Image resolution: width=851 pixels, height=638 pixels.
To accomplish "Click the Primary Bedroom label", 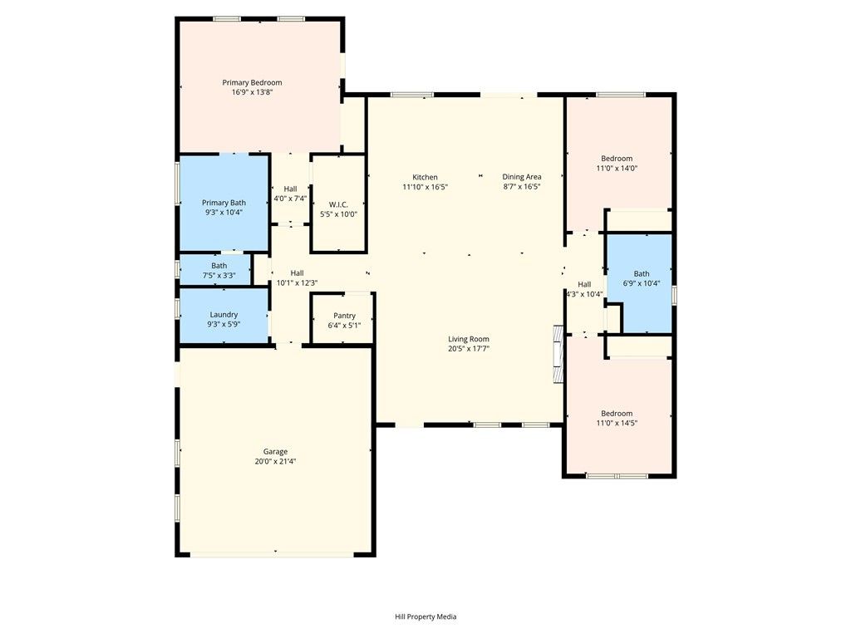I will [252, 82].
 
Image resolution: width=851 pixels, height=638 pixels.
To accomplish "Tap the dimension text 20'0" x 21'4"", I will [275, 461].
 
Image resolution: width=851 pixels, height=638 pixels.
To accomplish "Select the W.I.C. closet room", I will [337, 204].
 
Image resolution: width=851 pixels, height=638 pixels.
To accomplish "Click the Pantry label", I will [344, 316].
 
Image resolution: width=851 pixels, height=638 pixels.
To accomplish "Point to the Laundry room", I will [224, 315].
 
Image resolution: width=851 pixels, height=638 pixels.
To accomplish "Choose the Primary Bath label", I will [224, 203].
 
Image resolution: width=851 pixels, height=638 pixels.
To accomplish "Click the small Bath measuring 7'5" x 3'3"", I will [219, 270].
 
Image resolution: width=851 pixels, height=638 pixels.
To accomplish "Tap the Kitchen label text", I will [425, 177].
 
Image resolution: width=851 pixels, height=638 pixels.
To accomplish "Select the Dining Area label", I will [522, 177].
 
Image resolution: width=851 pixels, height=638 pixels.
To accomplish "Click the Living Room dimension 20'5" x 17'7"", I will [469, 349].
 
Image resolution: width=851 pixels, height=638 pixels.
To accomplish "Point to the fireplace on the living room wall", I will [558, 353].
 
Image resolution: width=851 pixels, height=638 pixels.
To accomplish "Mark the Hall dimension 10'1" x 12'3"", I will [297, 282].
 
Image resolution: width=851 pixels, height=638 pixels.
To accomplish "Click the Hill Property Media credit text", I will [425, 616].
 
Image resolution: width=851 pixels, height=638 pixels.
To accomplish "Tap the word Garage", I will [275, 451].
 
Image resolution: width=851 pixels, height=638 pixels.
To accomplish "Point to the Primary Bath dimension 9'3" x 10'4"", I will [224, 213].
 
